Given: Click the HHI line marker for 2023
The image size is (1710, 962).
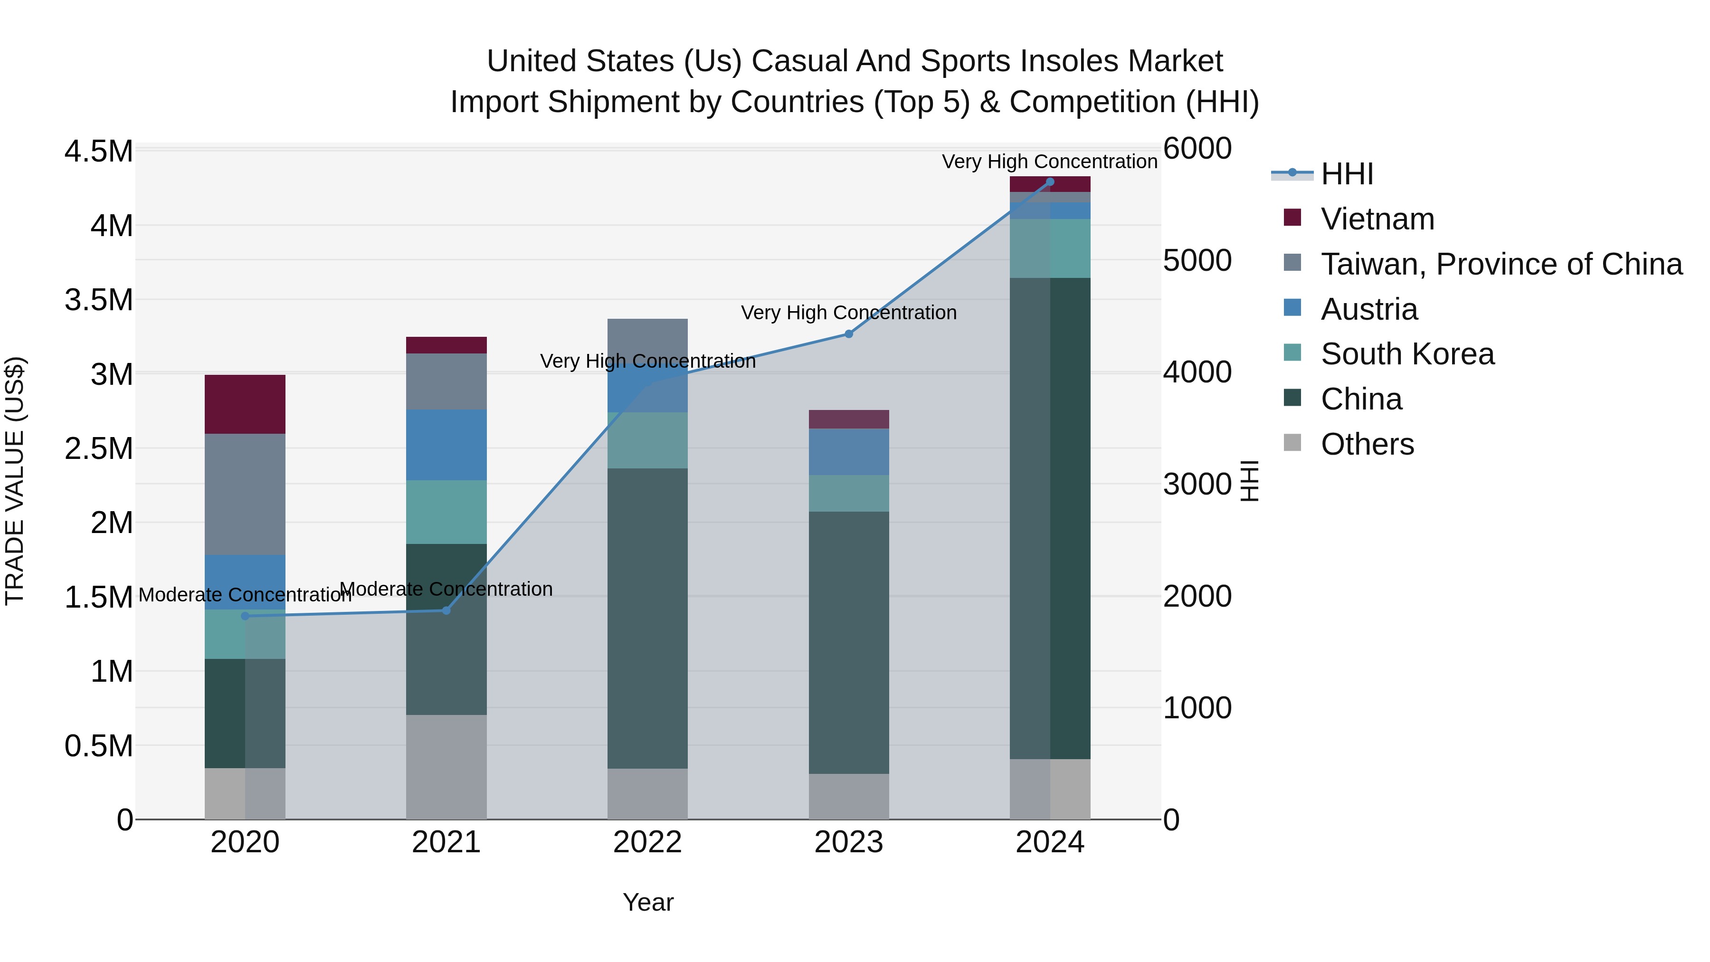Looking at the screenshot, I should click(x=848, y=334).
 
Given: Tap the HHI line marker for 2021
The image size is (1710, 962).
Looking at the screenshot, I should click(x=446, y=610).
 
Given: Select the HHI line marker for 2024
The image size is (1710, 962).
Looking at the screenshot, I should click(x=1049, y=182).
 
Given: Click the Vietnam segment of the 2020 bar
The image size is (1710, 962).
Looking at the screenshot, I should click(x=245, y=404).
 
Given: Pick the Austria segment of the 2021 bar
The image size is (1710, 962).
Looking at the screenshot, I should click(x=446, y=444).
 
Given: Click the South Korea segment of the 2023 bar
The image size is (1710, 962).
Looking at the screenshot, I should click(x=848, y=493).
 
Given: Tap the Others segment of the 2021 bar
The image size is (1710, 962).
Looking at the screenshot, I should click(x=446, y=766).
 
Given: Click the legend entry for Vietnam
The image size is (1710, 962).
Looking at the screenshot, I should click(x=1377, y=219).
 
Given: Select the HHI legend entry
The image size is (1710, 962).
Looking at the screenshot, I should click(x=1346, y=174).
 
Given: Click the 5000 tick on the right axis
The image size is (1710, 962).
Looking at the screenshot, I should click(x=1197, y=260).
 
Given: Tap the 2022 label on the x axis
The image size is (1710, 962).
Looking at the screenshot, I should click(x=647, y=842).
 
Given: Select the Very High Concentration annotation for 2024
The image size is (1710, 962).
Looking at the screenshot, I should click(x=1049, y=162).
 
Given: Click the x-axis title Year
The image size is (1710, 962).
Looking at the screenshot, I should click(x=648, y=902).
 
